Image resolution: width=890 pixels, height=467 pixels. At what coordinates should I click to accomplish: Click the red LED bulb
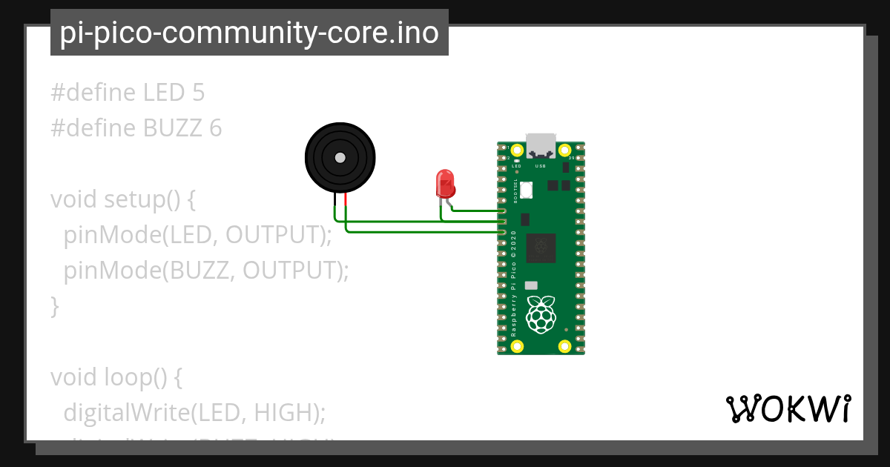click(x=445, y=182)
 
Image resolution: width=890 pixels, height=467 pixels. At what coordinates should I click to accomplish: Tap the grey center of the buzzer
click(x=340, y=158)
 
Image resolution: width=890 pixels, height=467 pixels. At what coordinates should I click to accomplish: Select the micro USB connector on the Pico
click(x=541, y=145)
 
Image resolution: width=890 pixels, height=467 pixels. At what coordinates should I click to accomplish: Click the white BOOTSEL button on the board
click(x=527, y=190)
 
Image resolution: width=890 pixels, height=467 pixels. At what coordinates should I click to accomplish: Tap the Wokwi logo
click(x=788, y=408)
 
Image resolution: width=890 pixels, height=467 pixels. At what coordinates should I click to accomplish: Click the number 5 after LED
click(x=198, y=93)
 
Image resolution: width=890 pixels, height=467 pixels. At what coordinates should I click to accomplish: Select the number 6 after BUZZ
click(x=215, y=128)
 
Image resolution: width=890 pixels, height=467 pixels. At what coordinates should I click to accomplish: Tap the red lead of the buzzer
click(x=346, y=198)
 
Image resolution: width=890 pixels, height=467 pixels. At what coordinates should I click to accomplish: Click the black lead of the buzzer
click(x=335, y=198)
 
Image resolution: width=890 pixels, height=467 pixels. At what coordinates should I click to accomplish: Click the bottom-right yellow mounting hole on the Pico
click(x=564, y=346)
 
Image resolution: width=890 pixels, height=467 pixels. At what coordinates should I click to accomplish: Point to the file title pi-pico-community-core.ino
click(x=249, y=33)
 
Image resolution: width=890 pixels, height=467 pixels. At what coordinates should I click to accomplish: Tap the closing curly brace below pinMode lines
click(x=54, y=305)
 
